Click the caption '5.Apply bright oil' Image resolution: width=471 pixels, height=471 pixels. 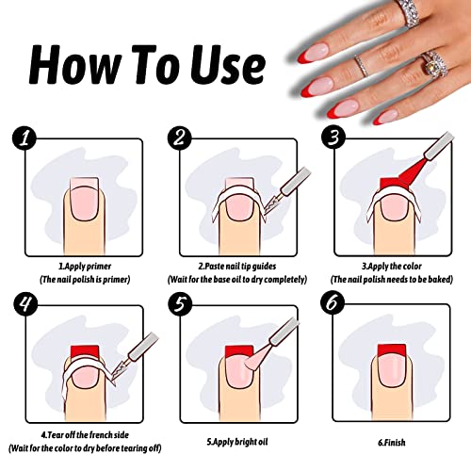click(x=235, y=440)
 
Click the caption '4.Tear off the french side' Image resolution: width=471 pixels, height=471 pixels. click(x=81, y=434)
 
